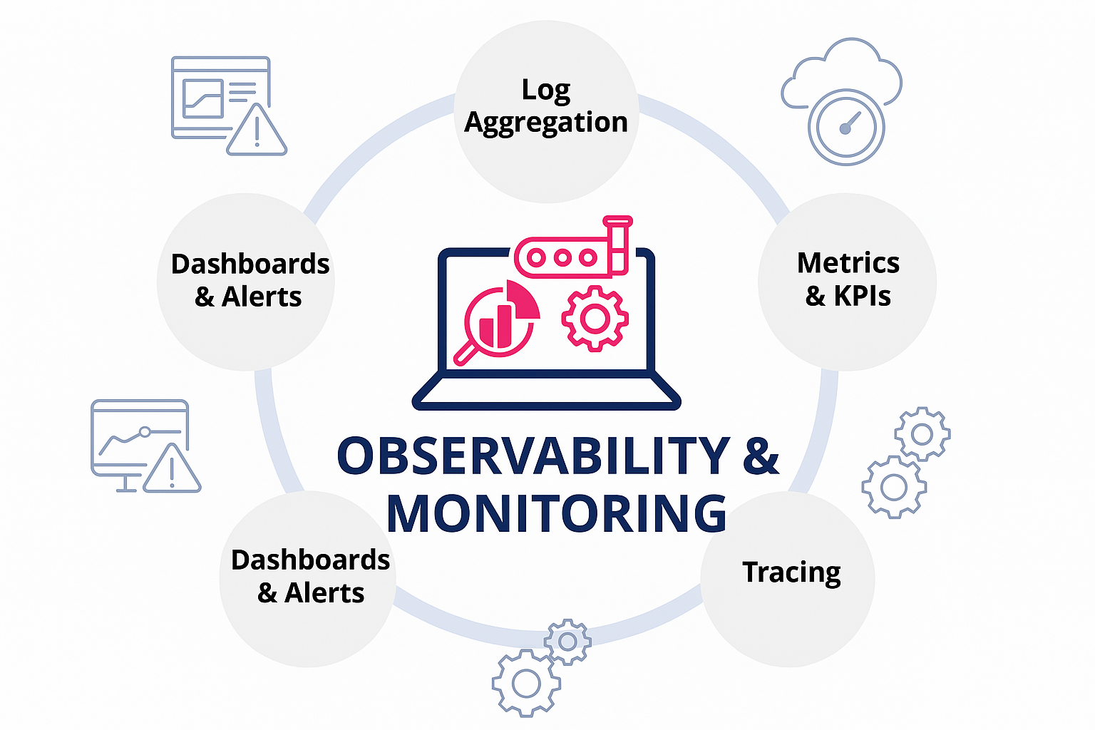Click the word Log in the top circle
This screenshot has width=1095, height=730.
pos(545,91)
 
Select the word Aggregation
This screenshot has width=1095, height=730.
pos(546,123)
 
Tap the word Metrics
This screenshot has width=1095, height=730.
pos(848,263)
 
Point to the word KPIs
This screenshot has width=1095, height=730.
pos(862,296)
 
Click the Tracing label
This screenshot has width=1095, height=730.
pos(791,572)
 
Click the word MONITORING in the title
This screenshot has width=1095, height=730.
pos(556,513)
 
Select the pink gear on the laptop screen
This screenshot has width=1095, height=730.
pos(595,318)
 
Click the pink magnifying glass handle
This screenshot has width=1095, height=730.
pos(466,351)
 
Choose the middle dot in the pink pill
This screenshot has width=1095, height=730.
pos(562,257)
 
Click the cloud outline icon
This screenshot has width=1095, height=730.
pos(841,71)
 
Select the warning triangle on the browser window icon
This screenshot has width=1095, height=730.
pos(257,131)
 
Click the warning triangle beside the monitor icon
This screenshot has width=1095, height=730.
pos(173,471)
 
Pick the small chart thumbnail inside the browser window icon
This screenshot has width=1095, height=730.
pos(203,98)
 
